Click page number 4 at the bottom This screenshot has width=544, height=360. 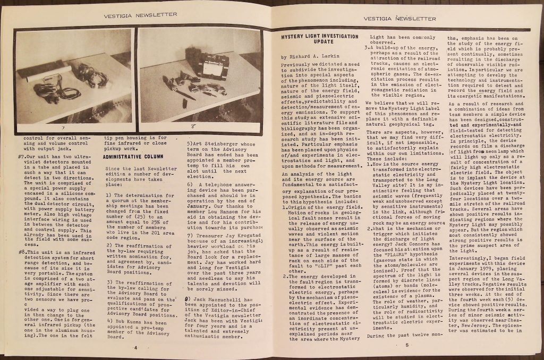tap(135, 348)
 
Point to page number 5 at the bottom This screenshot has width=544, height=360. tap(406, 346)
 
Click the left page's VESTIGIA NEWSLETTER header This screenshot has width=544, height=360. tap(140, 15)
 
